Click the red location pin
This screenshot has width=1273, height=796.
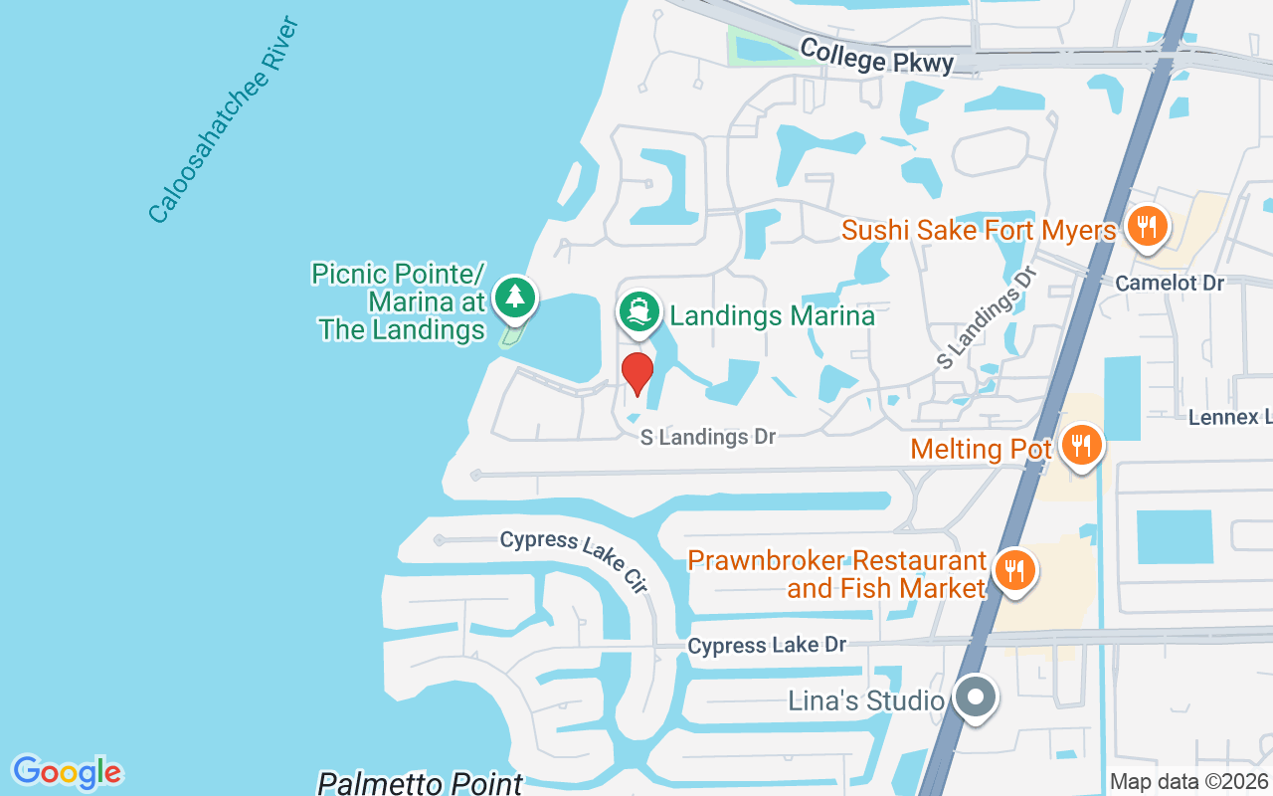click(637, 373)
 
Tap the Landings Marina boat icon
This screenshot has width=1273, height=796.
click(638, 312)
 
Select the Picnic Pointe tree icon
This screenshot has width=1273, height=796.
click(514, 297)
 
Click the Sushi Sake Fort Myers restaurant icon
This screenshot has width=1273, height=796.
click(1147, 226)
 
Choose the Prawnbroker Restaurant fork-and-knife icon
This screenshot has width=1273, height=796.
click(1013, 570)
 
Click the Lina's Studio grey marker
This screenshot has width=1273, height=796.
click(976, 696)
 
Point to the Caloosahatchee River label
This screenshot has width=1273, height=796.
click(224, 119)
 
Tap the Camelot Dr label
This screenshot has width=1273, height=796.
click(1170, 284)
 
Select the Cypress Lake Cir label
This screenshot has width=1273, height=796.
click(575, 559)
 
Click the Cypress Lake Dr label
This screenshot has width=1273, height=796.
click(767, 646)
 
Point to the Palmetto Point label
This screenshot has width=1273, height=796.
click(420, 783)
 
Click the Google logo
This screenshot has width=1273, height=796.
click(67, 772)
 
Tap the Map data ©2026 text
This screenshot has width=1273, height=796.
click(1187, 782)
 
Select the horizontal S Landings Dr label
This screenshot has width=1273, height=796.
click(707, 437)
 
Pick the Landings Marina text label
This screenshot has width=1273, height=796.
click(772, 316)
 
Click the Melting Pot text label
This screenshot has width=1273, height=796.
click(981, 450)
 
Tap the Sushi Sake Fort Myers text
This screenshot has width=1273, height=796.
click(979, 231)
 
